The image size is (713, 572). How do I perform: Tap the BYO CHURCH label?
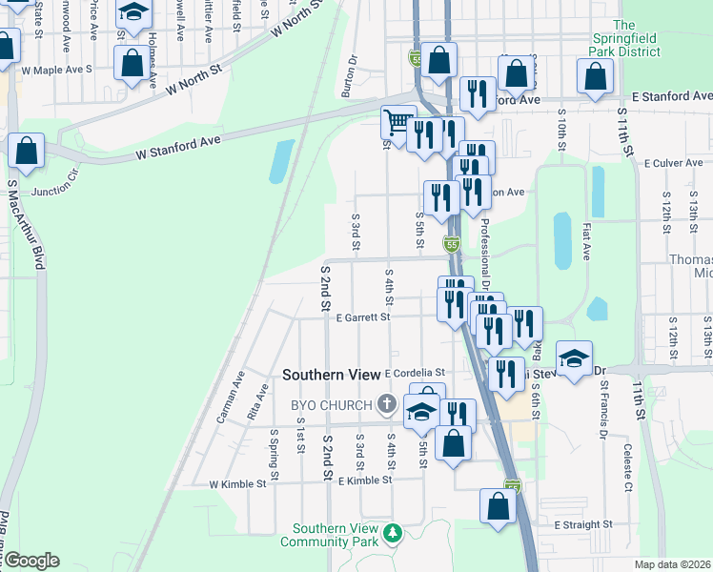331,405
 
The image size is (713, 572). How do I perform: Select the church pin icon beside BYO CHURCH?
387,405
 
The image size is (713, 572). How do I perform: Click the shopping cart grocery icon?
397,122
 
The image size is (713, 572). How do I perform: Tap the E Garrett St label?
362,317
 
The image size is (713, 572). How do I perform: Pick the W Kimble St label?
237,484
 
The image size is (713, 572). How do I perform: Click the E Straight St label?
582,524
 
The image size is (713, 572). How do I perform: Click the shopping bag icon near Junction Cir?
27,153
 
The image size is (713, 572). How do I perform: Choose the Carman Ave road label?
231,397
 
